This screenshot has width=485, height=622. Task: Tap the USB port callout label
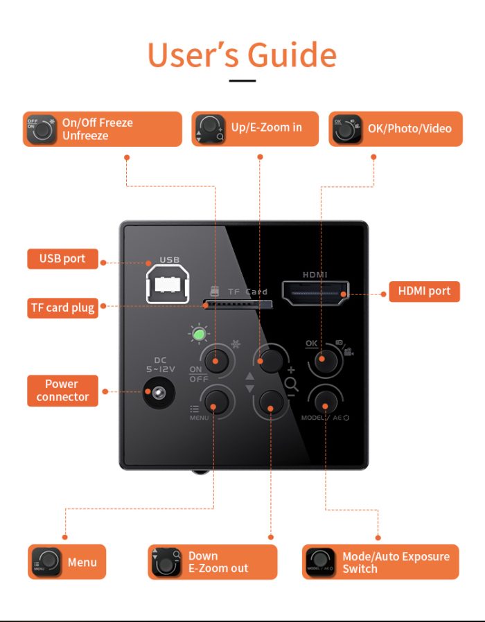(x=63, y=258)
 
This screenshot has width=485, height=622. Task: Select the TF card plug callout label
(x=63, y=308)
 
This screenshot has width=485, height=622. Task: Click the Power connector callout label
(x=63, y=391)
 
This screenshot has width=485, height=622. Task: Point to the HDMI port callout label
(x=424, y=291)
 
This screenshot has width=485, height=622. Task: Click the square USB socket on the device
(x=167, y=283)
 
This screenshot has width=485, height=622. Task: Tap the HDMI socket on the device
(x=315, y=293)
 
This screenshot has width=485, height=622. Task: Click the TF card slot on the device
(x=238, y=305)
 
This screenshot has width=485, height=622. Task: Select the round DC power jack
(x=159, y=392)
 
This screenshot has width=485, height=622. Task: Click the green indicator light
(x=198, y=335)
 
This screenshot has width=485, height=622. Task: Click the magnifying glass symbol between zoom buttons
(x=291, y=384)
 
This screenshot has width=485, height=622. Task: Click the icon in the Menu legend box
(x=46, y=562)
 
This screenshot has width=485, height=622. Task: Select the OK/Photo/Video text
(x=409, y=129)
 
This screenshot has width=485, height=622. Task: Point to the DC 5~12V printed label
(x=160, y=364)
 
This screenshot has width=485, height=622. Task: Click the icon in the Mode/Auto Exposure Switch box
(x=321, y=562)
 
